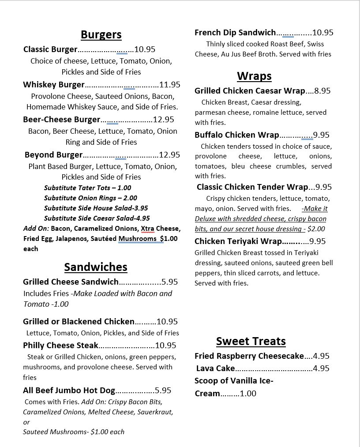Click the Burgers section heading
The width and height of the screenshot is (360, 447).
[101, 35]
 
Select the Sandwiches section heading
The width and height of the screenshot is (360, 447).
[96, 267]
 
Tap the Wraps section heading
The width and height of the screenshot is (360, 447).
[254, 76]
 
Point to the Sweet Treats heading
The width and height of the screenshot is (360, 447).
[251, 342]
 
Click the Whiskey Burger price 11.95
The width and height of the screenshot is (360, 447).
[170, 85]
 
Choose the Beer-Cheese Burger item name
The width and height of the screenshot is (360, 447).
[62, 120]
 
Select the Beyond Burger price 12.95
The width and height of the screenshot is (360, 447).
[169, 155]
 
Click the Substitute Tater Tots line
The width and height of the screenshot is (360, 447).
[87, 188]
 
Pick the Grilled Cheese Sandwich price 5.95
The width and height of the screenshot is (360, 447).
[170, 282]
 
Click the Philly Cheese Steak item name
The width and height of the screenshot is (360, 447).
[60, 346]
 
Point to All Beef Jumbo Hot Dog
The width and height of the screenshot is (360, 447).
[69, 391]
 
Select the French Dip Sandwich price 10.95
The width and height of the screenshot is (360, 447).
[323, 33]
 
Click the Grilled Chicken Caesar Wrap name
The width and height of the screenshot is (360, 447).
[250, 91]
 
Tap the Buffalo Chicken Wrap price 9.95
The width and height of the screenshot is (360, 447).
[321, 135]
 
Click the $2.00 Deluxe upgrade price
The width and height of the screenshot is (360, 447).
[316, 229]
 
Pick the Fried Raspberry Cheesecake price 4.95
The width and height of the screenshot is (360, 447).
[321, 356]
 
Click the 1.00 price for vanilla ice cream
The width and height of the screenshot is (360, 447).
[248, 394]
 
